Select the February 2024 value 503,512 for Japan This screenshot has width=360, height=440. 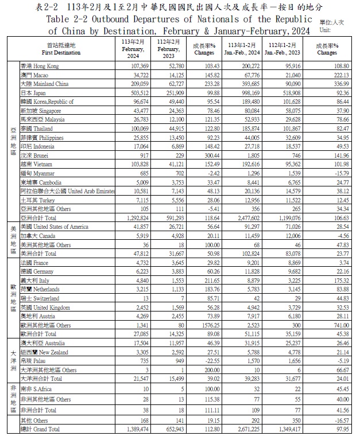pyautogui.click(x=137, y=93)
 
